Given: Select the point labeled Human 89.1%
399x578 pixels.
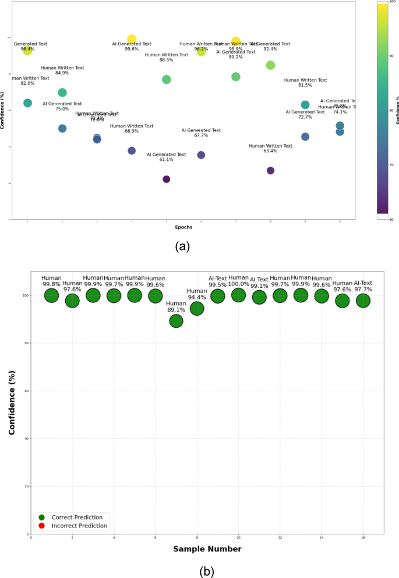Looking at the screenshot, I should (x=176, y=321).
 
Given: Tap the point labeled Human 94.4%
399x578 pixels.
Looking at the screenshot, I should (x=197, y=308).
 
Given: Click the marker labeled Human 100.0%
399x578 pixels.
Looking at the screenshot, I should (x=238, y=295).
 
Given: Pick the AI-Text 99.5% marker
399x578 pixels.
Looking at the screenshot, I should (x=218, y=296).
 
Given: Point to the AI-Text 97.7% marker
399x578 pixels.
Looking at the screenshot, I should (x=363, y=301).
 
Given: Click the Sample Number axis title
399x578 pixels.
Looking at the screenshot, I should (x=207, y=549).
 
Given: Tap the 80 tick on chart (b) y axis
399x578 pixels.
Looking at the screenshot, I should (x=26, y=343).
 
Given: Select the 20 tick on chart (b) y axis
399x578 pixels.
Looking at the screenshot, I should (x=26, y=486).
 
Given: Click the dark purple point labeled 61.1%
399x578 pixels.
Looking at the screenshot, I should (x=166, y=179).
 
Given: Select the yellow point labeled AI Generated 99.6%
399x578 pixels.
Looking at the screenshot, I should (x=132, y=40).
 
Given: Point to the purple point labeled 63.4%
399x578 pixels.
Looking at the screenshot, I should (x=270, y=170).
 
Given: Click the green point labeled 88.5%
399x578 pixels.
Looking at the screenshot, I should (x=166, y=79).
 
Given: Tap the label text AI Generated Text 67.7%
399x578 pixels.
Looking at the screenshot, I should (x=201, y=133).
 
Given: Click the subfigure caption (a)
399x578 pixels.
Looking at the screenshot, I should (x=183, y=246).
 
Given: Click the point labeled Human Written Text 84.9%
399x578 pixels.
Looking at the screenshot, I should (x=62, y=92).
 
